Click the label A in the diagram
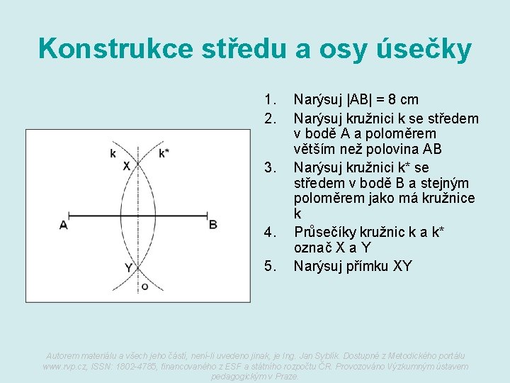tap(64, 226)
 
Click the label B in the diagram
tap(213, 224)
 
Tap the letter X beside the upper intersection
tap(126, 166)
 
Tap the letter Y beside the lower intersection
tap(128, 267)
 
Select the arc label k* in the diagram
tap(164, 152)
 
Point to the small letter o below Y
tap(144, 286)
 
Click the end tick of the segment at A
tap(69, 215)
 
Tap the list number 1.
tap(268, 100)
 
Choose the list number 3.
tap(268, 167)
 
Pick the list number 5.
tap(268, 267)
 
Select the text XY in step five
tap(402, 267)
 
